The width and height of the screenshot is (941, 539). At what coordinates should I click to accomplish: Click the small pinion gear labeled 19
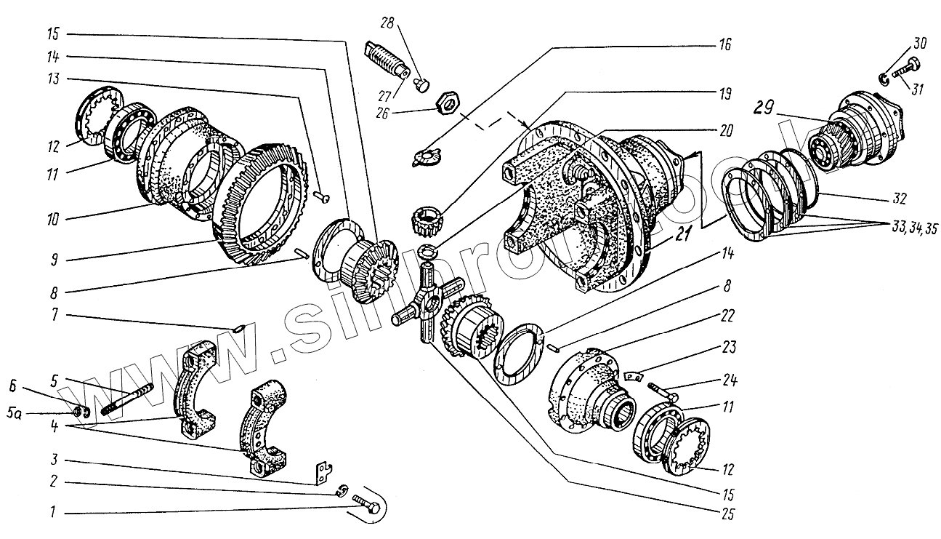point(428,220)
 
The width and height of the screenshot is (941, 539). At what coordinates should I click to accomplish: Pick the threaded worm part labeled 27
point(385,62)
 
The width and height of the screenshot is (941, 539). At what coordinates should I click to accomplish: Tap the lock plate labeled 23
point(635,375)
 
